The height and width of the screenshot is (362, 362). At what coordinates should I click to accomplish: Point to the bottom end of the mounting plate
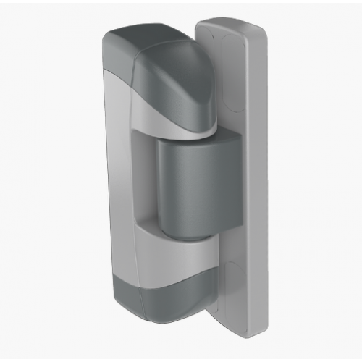[x=243, y=334]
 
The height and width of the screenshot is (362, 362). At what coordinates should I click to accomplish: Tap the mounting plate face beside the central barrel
[x=232, y=181]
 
